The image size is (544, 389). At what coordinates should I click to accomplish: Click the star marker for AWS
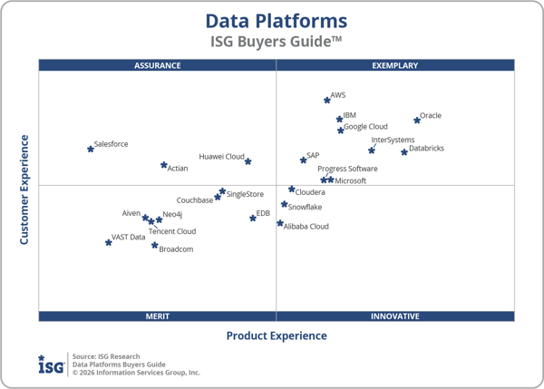click(x=327, y=100)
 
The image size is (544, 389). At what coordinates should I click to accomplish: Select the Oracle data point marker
click(x=417, y=120)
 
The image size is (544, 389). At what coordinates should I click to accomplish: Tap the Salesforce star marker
click(x=91, y=149)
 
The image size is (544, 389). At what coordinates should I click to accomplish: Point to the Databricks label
click(x=426, y=148)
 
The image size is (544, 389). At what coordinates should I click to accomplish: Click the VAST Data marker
click(x=109, y=242)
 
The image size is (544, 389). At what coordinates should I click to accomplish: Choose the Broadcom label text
click(x=176, y=249)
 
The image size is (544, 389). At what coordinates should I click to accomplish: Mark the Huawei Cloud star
click(x=248, y=161)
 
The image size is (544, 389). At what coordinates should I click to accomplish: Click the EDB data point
click(x=253, y=218)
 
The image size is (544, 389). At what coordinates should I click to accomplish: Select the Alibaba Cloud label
click(x=306, y=227)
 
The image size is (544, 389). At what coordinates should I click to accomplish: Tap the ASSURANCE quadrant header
click(x=157, y=65)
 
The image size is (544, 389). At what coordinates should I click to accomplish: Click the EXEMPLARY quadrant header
click(x=395, y=65)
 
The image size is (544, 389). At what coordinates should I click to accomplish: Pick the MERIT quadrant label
click(x=157, y=316)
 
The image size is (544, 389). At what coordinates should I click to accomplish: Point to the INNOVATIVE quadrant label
click(x=395, y=316)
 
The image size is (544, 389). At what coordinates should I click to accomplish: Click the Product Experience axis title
click(x=276, y=336)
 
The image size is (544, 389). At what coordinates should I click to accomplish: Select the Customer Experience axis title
click(x=24, y=190)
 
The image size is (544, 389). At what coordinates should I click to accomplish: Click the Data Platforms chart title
click(x=276, y=21)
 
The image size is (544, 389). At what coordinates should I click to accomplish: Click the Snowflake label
click(x=305, y=207)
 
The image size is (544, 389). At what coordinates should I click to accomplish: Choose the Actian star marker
click(x=164, y=165)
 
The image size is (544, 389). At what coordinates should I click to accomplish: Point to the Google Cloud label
click(x=365, y=127)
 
